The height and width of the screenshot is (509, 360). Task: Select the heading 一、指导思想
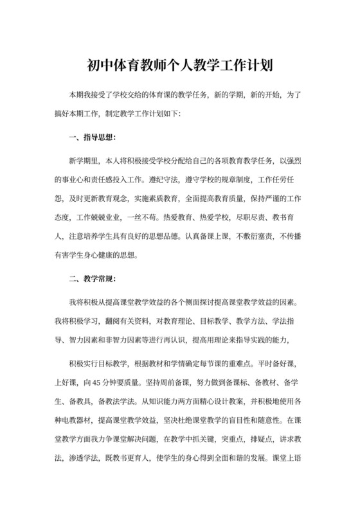coord(92,137)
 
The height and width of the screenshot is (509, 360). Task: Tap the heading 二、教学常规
coord(92,279)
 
